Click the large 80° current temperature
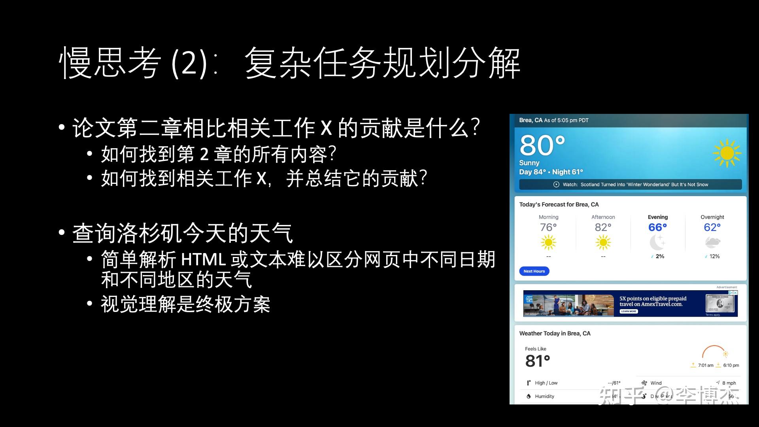tap(542, 145)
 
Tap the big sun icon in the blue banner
tap(727, 153)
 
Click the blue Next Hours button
tap(534, 271)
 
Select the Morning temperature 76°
tap(548, 227)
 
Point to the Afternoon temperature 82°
tap(603, 227)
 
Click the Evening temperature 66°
tap(657, 227)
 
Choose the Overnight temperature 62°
tap(712, 227)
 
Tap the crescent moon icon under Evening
tap(657, 242)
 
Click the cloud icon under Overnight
tap(712, 242)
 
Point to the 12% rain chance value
tap(714, 256)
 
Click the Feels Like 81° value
tap(537, 361)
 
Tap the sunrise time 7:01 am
tap(706, 365)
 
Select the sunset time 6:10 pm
tap(731, 365)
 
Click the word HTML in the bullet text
tap(203, 260)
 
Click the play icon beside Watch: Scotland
tap(556, 185)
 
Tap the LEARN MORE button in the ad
tap(629, 312)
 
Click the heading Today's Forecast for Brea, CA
tap(559, 204)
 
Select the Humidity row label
tap(544, 396)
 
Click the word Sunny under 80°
tap(529, 163)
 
